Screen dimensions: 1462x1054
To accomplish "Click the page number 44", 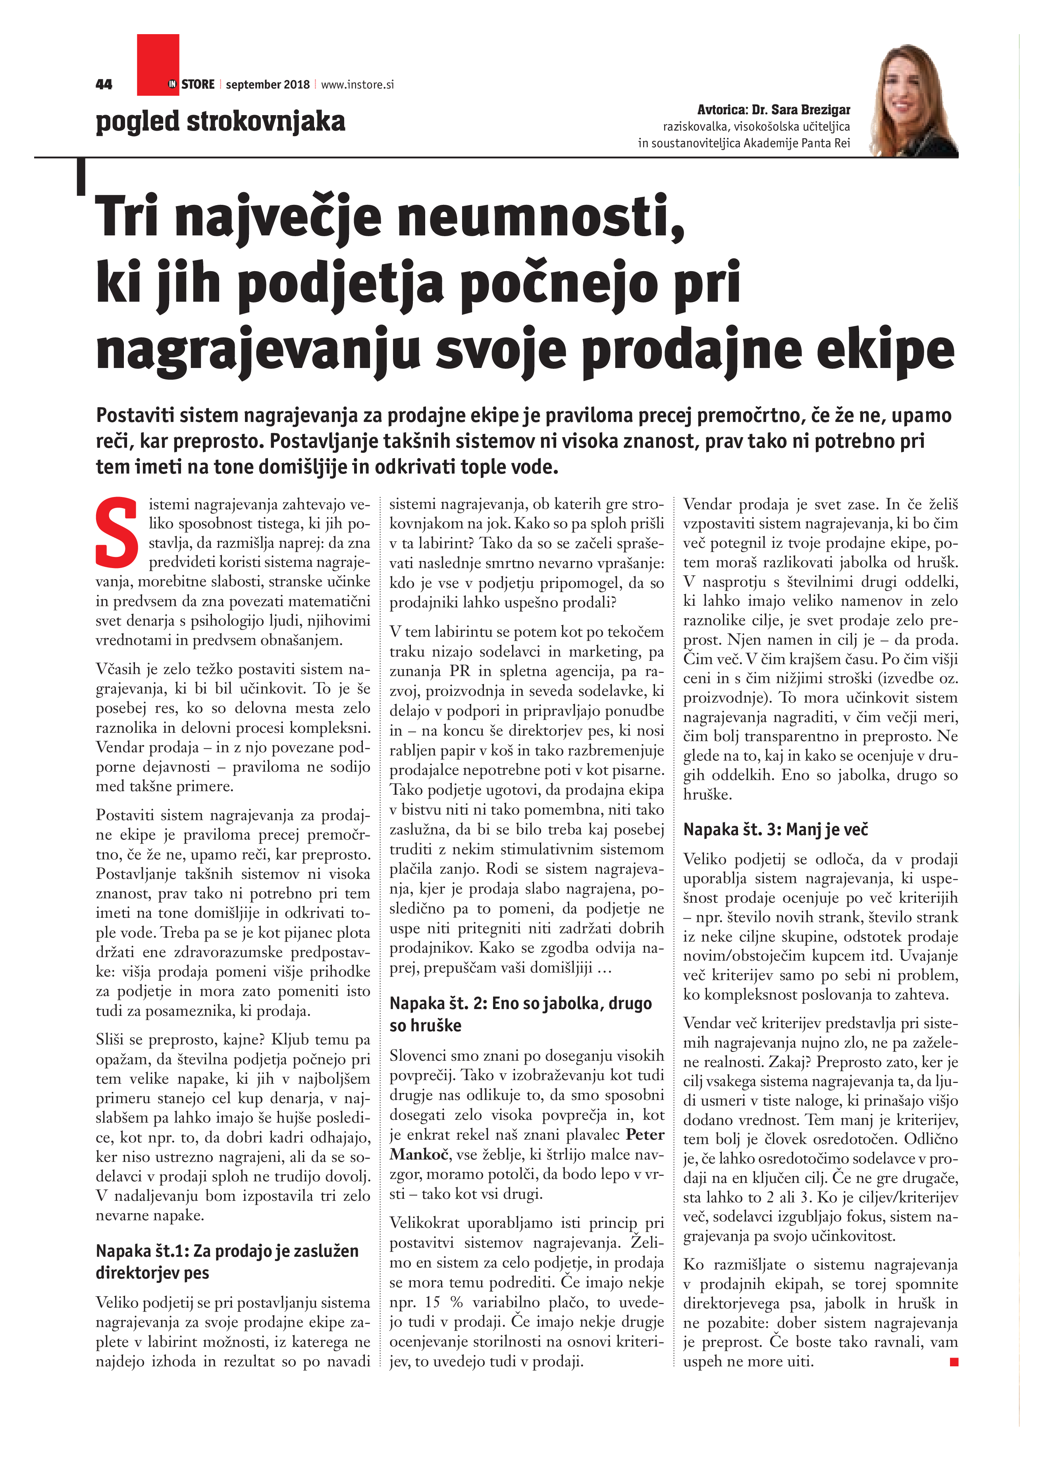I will pyautogui.click(x=104, y=85).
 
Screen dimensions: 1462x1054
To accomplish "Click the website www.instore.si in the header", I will pyautogui.click(x=357, y=85).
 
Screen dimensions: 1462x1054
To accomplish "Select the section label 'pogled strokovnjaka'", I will pyautogui.click(x=220, y=121).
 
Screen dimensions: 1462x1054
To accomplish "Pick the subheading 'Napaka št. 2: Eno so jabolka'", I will pyautogui.click(x=520, y=1003).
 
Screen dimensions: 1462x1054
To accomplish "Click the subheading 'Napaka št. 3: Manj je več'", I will pyautogui.click(x=775, y=830).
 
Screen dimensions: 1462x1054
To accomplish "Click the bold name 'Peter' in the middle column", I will pyautogui.click(x=645, y=1135).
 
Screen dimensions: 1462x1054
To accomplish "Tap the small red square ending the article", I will pyautogui.click(x=954, y=1362).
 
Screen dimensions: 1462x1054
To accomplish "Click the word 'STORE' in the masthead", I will pyautogui.click(x=198, y=85).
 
